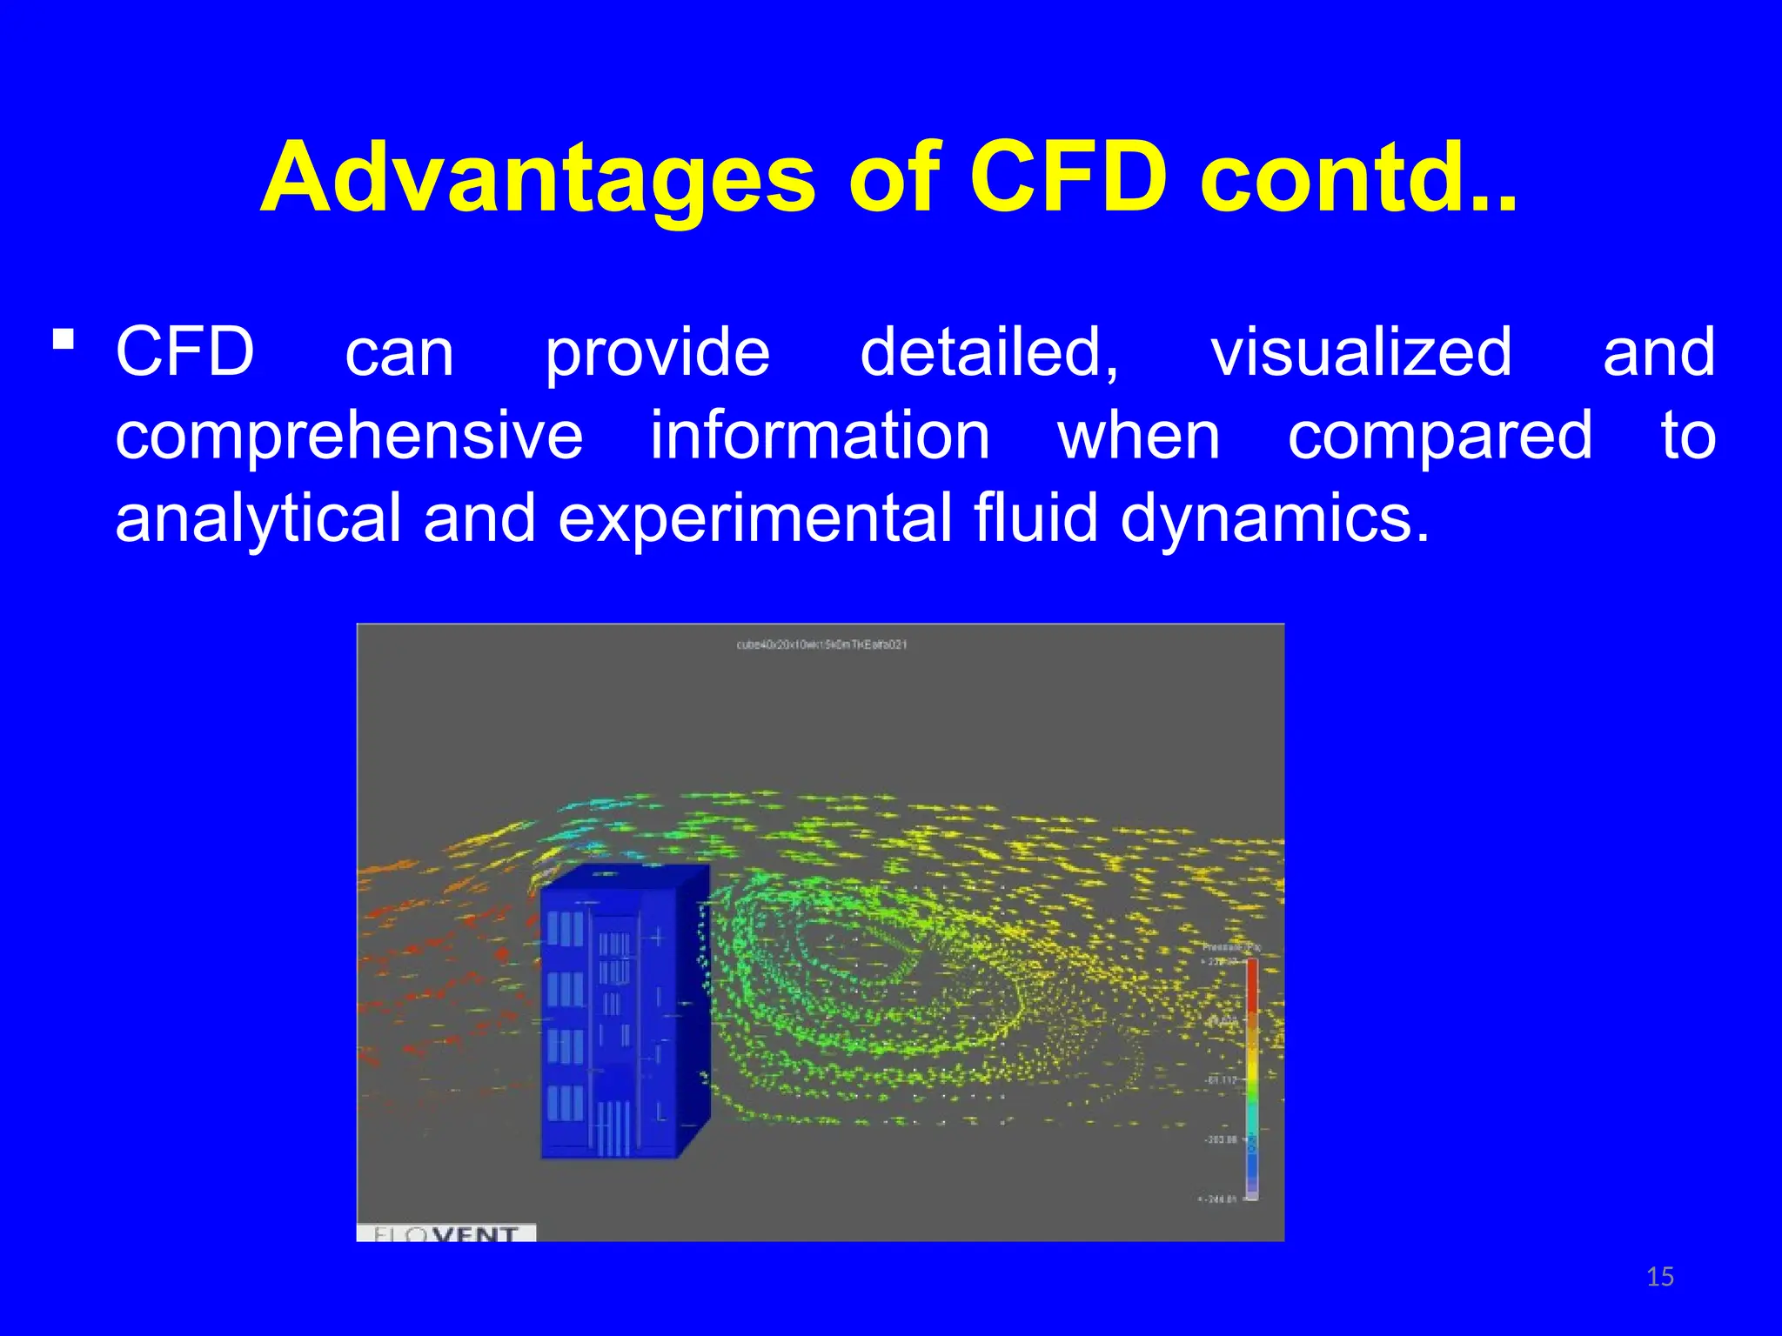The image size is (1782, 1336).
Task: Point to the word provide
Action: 657,352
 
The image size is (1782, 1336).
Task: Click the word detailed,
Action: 989,352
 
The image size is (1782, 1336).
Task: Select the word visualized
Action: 1362,352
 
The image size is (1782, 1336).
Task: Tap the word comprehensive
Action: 349,436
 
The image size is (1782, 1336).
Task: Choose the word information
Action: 820,436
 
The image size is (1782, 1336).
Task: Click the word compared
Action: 1440,436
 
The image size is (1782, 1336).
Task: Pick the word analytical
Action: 258,519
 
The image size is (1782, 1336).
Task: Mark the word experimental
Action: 754,519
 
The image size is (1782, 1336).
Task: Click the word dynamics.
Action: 1275,519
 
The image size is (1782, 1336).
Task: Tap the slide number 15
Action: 1660,1277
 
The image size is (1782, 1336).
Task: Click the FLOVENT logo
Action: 446,1232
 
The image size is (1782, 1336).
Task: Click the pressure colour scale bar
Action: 1252,1079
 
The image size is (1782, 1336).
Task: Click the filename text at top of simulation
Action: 821,645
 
